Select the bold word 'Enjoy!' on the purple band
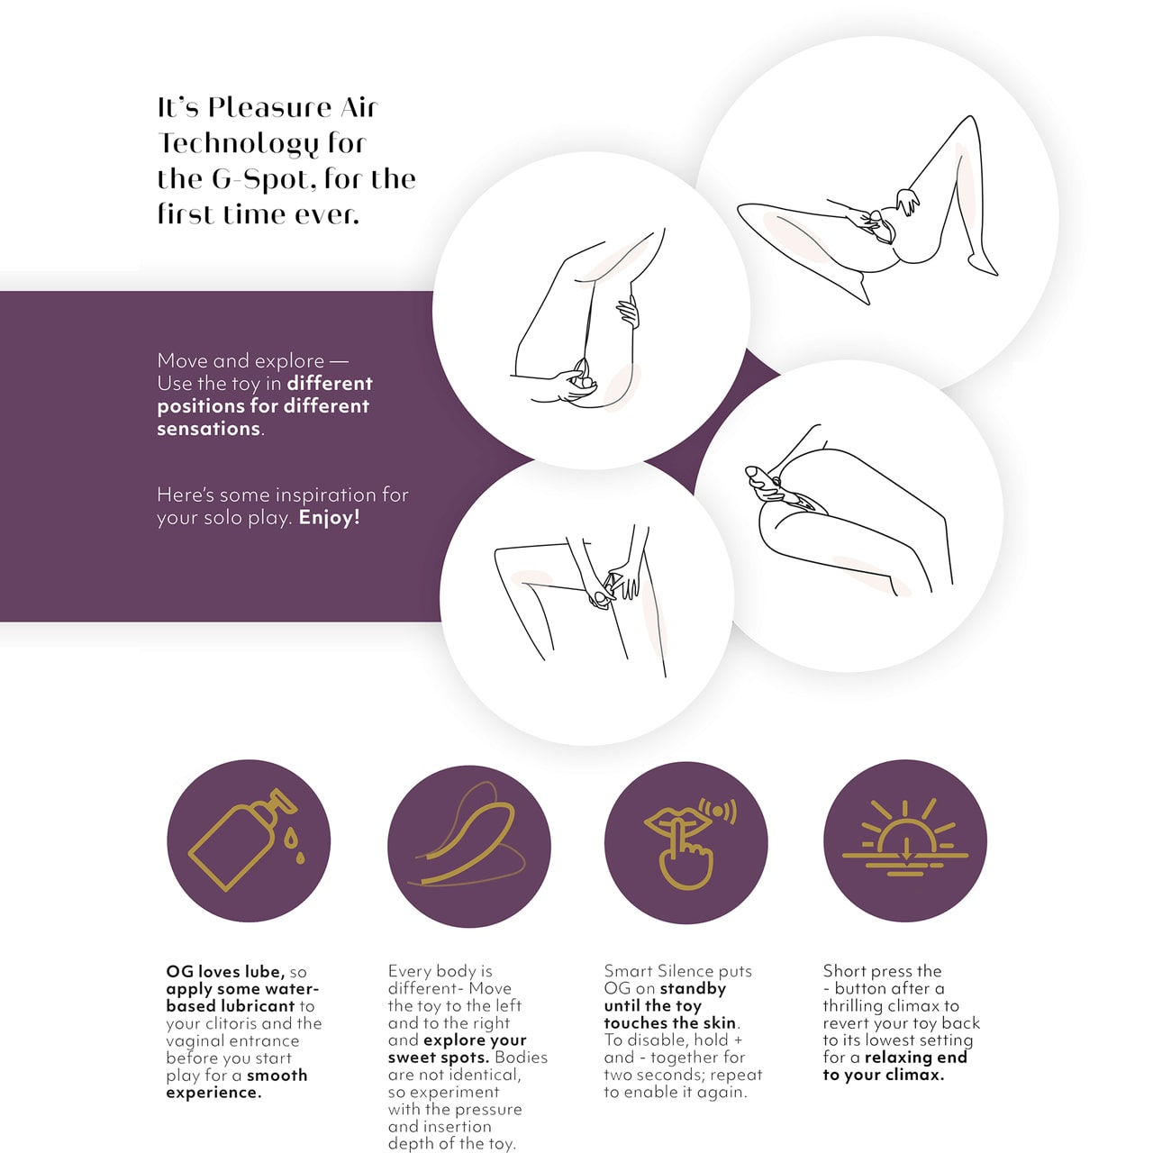330,517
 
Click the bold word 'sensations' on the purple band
209,429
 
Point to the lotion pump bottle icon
242,840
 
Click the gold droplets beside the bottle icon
295,847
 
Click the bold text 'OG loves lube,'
225,971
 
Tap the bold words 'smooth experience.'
237,1084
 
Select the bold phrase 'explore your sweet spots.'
457,1049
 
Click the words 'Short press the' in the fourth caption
882,970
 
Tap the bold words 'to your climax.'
883,1075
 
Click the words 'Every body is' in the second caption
440,971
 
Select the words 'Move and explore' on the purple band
241,361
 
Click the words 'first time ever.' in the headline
259,214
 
